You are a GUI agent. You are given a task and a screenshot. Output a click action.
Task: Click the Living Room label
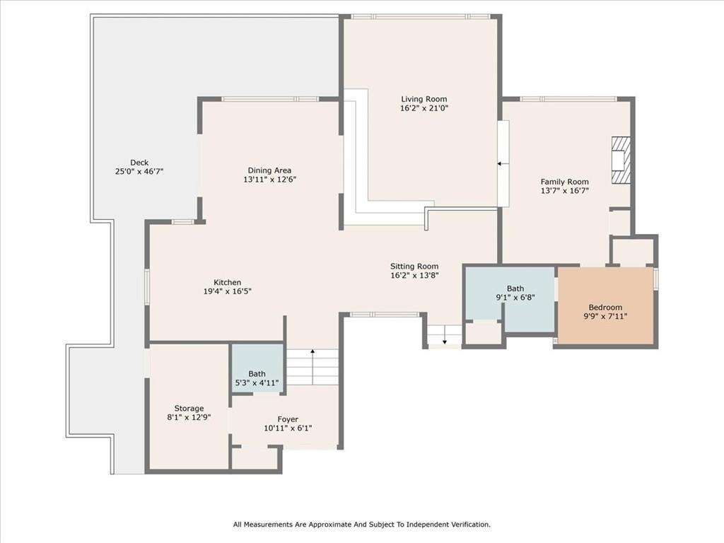click(x=424, y=99)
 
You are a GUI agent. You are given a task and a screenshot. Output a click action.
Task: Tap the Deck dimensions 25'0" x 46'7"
click(x=139, y=172)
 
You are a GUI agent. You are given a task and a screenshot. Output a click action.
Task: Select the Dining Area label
click(x=269, y=170)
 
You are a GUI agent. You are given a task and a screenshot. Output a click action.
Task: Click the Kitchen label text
click(x=228, y=282)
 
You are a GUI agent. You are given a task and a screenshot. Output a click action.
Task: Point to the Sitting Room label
click(x=414, y=267)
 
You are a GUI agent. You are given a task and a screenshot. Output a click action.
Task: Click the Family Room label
click(x=564, y=182)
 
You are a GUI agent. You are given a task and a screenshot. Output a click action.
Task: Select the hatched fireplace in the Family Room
click(x=620, y=160)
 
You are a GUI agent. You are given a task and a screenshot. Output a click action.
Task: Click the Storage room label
click(x=189, y=408)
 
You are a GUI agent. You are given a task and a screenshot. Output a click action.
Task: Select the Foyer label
click(x=288, y=419)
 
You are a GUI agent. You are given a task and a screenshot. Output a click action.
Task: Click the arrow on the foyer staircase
click(x=312, y=351)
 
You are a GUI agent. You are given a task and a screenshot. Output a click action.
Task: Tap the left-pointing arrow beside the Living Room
click(x=499, y=163)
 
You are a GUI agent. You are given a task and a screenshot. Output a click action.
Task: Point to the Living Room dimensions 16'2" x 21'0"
click(x=424, y=109)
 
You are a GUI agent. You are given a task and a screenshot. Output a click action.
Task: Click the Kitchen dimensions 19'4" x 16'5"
click(x=228, y=291)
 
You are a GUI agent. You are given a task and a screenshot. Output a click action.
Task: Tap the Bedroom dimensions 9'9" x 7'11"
click(x=606, y=317)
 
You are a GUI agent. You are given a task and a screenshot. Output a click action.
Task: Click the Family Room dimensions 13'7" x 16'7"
click(x=564, y=191)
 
